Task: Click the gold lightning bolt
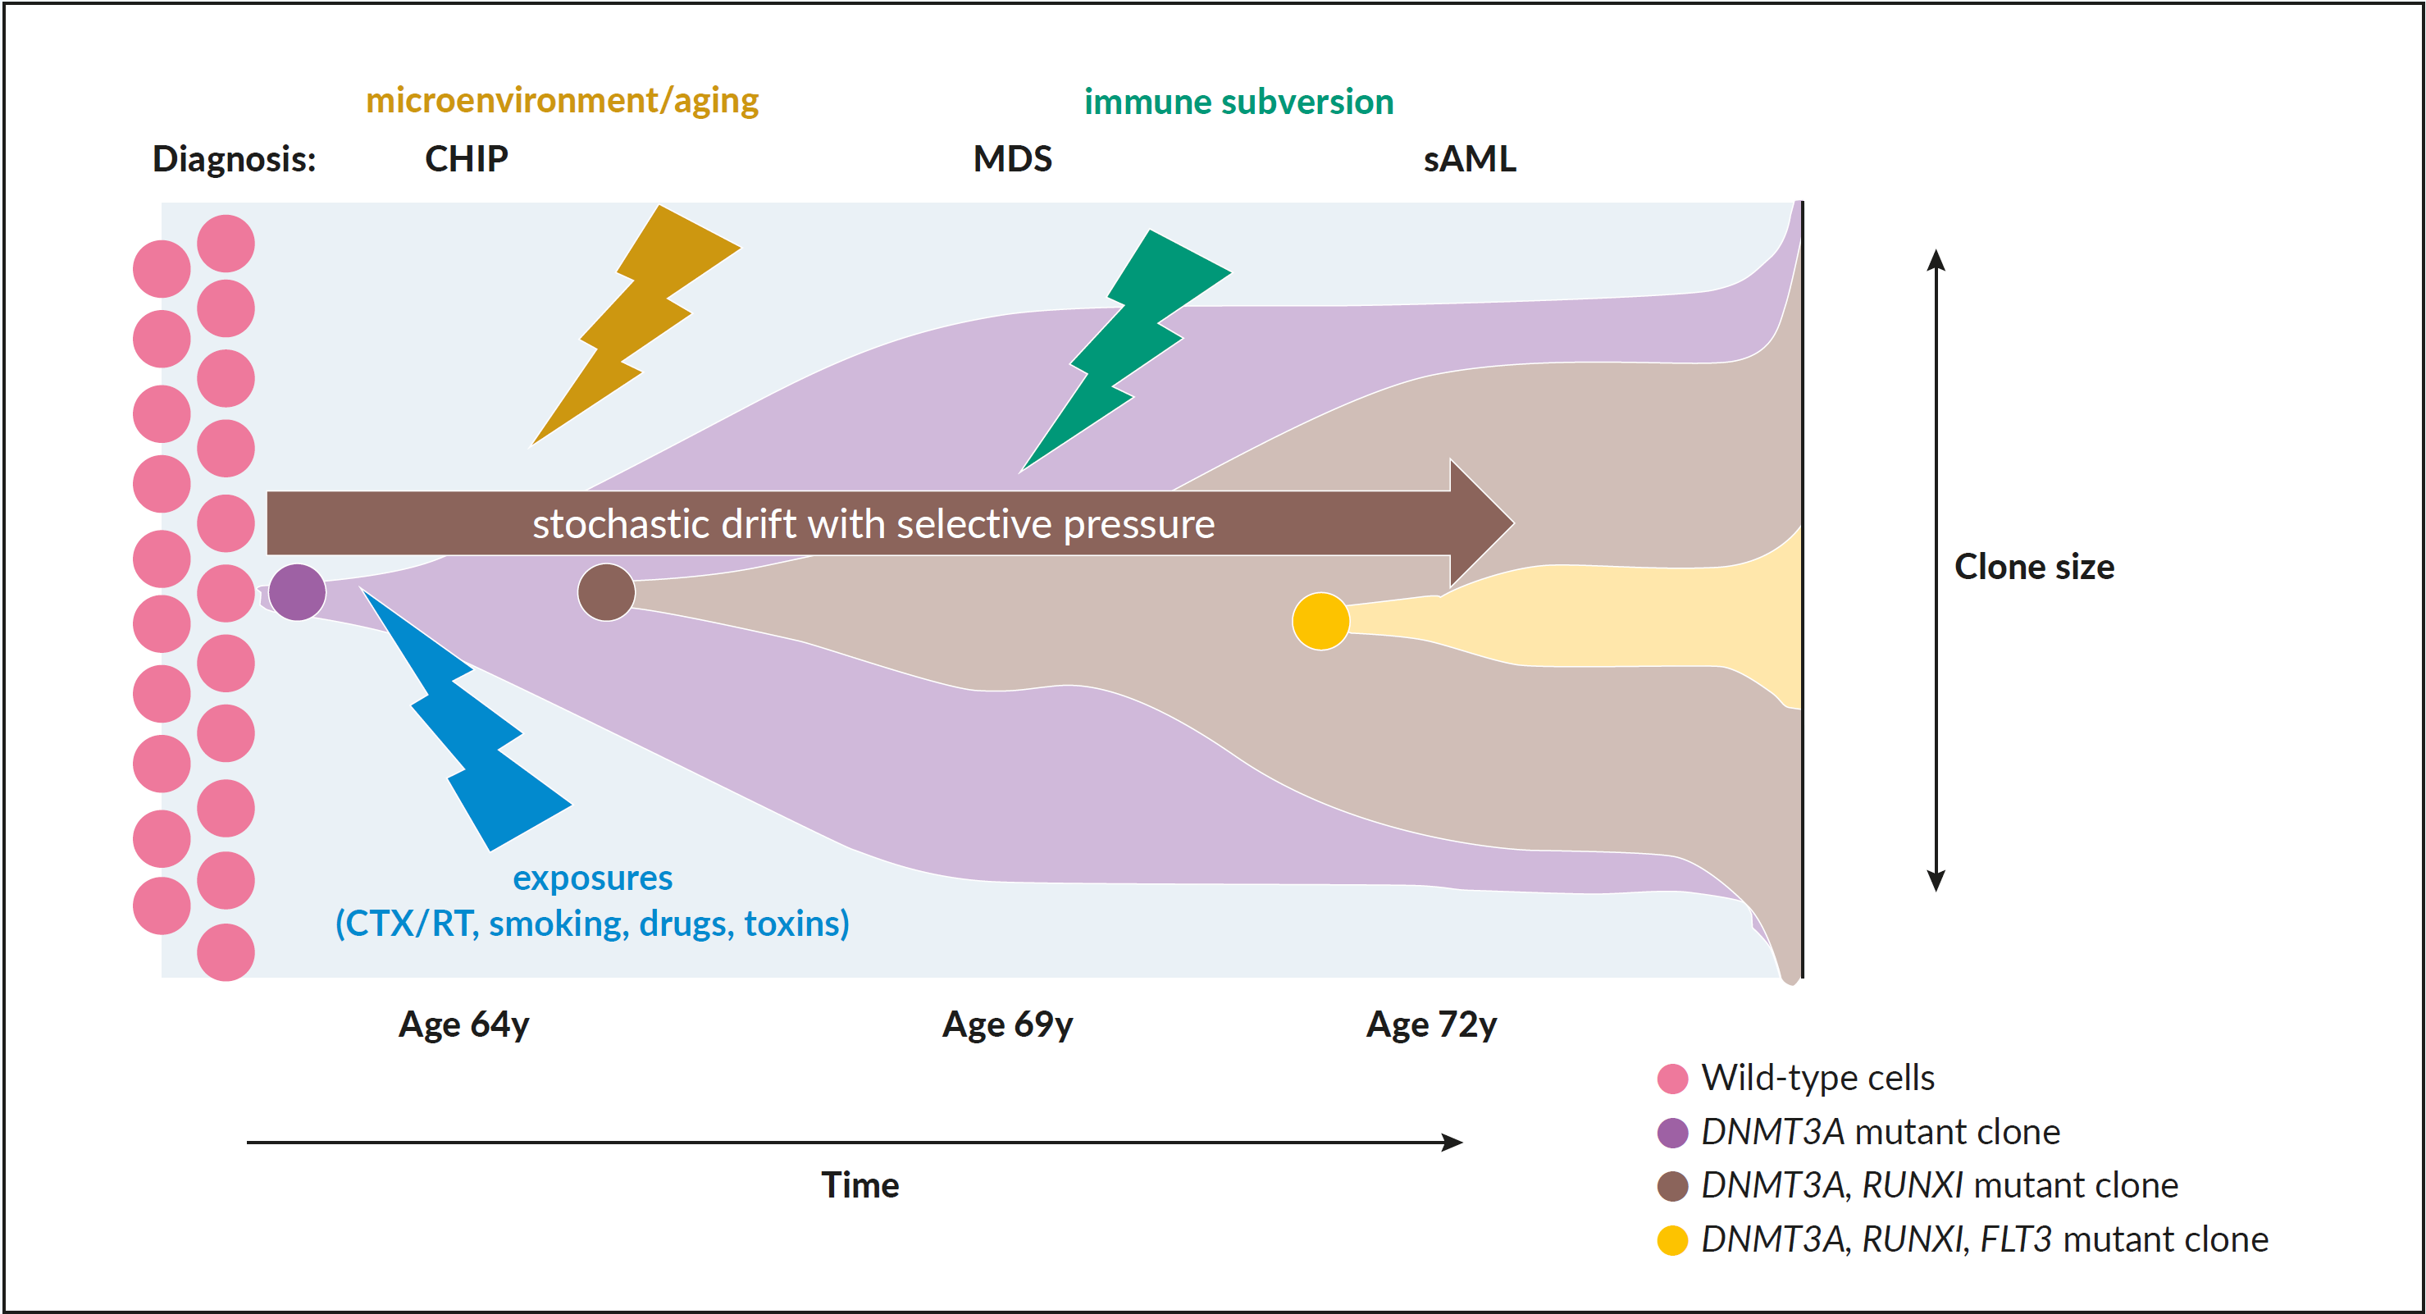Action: coord(636,324)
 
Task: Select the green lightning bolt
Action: coord(1126,350)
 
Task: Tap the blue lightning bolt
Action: coord(466,721)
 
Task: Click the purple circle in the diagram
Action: coord(298,592)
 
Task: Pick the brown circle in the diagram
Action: coord(607,592)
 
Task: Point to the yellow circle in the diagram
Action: coord(1320,622)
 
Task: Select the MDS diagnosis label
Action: coord(1012,158)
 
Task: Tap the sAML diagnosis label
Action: coord(1469,158)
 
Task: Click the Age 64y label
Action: coord(464,1024)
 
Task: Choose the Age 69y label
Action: coord(1008,1024)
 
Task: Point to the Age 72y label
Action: coord(1431,1024)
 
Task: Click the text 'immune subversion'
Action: coord(1238,102)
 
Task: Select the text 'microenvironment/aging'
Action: coord(563,101)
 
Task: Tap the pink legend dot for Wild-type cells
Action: coord(1672,1079)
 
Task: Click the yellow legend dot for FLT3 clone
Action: coord(1672,1240)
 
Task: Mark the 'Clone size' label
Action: coord(2034,567)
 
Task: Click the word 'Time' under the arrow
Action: coord(860,1185)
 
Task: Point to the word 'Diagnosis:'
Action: coord(235,159)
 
